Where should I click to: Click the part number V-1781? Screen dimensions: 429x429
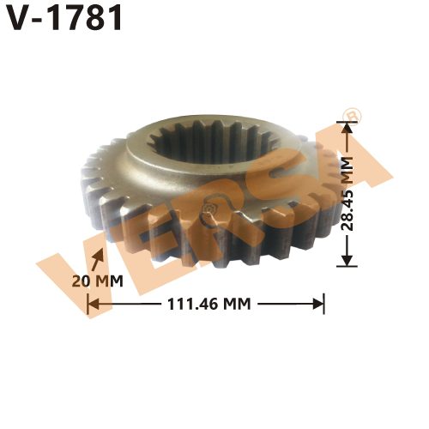click(64, 19)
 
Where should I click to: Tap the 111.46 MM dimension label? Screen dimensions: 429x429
click(206, 303)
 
